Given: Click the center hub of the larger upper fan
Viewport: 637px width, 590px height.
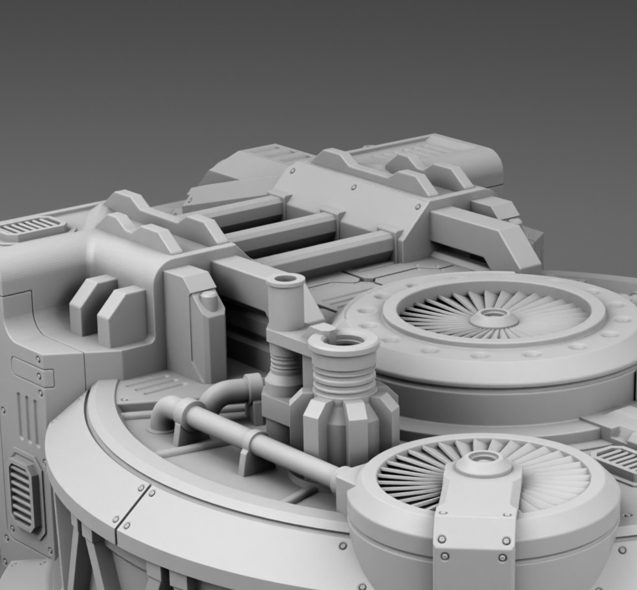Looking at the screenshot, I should pyautogui.click(x=490, y=317).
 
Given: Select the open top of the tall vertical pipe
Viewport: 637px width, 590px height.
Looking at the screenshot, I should pyautogui.click(x=285, y=280).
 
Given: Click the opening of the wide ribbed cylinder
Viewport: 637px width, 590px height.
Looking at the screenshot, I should pyautogui.click(x=343, y=341).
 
